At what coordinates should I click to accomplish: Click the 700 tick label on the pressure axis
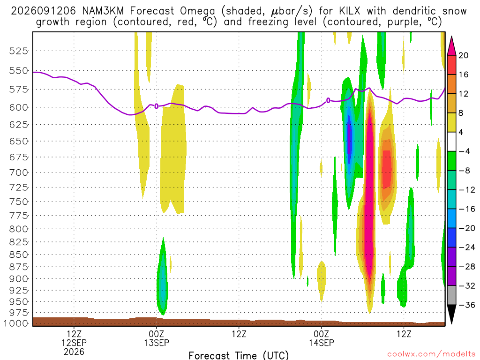click(x=18, y=172)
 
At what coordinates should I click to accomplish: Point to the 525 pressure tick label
click(x=18, y=51)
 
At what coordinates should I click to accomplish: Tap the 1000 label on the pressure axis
click(x=16, y=323)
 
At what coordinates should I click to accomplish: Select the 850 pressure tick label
click(x=18, y=255)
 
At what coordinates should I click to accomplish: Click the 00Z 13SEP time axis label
click(x=157, y=338)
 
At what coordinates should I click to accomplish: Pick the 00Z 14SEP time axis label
click(x=322, y=338)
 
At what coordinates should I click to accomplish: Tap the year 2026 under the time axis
click(x=74, y=352)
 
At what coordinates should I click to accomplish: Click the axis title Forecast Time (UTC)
click(x=239, y=355)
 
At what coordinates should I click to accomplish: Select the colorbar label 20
click(x=464, y=55)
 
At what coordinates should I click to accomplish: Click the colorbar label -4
click(x=464, y=151)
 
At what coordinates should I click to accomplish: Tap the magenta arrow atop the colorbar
click(x=451, y=46)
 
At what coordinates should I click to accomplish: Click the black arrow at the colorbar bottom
click(x=451, y=314)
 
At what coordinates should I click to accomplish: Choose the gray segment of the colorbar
click(x=451, y=295)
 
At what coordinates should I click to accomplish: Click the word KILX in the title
click(x=349, y=11)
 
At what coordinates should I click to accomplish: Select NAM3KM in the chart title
click(x=103, y=11)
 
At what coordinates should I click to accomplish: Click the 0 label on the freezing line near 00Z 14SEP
click(x=328, y=100)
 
